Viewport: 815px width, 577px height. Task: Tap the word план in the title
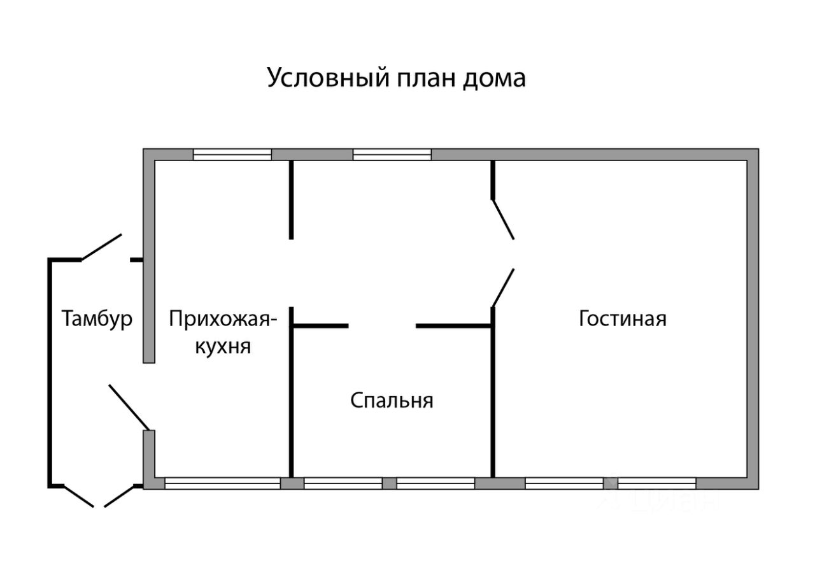point(426,78)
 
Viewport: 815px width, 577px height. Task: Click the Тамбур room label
point(97,319)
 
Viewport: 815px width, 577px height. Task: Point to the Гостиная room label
point(623,318)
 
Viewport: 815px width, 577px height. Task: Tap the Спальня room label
point(392,401)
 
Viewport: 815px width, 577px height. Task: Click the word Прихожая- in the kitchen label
point(223,320)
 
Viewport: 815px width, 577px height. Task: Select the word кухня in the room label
point(223,346)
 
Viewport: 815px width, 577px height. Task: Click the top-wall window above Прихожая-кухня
point(232,155)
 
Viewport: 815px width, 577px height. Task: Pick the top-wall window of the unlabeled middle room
point(392,155)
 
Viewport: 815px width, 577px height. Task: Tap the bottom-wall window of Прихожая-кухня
point(223,483)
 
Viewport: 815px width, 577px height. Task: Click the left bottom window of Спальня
point(343,483)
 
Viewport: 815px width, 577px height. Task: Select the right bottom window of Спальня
point(436,483)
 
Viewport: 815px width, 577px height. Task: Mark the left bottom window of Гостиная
point(564,483)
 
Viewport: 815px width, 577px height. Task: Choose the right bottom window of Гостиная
point(656,483)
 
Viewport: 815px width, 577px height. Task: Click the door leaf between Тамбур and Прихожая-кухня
point(129,408)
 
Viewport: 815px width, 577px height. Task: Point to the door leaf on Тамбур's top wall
point(101,247)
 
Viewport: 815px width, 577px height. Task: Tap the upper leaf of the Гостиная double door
point(503,219)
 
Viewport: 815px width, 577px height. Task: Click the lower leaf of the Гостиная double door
point(503,288)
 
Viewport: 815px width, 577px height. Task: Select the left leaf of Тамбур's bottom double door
point(80,497)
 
